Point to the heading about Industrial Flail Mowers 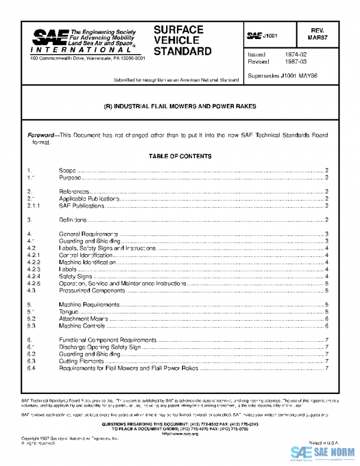180,106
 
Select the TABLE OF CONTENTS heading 180,156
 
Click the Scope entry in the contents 67,171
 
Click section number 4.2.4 34,276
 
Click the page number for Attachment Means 326,319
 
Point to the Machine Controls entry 82,326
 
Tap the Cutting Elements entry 80,362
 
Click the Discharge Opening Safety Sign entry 100,347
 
